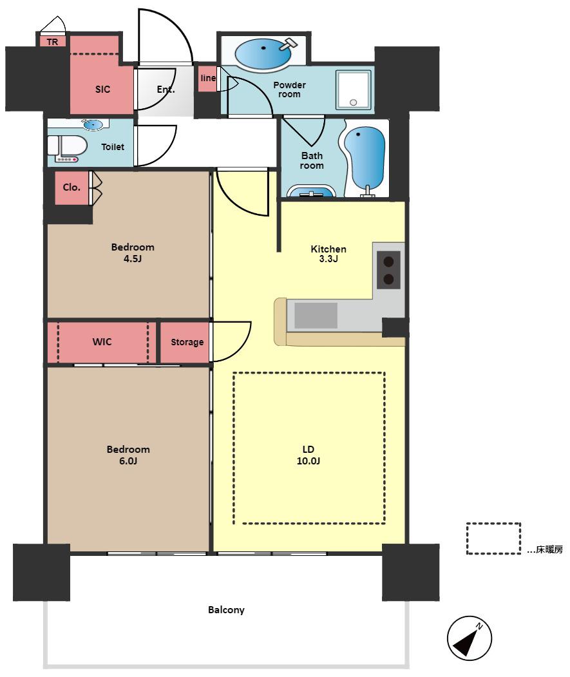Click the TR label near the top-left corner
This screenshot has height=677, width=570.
click(52, 42)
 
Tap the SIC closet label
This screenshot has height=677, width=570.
click(103, 90)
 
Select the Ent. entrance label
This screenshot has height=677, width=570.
click(166, 90)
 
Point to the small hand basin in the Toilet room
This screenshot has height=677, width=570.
click(93, 125)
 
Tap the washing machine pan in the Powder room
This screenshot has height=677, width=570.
click(354, 90)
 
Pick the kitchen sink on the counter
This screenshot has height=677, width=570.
click(316, 315)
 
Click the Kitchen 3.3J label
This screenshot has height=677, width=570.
click(328, 254)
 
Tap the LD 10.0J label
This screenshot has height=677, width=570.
click(309, 455)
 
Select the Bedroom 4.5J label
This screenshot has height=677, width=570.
click(133, 253)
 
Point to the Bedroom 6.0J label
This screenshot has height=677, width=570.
click(128, 455)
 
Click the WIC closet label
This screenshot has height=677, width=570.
click(102, 342)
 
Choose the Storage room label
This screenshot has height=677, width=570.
click(187, 343)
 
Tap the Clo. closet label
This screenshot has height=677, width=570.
click(71, 187)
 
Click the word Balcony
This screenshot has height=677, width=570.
click(226, 610)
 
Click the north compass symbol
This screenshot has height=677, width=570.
click(469, 638)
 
